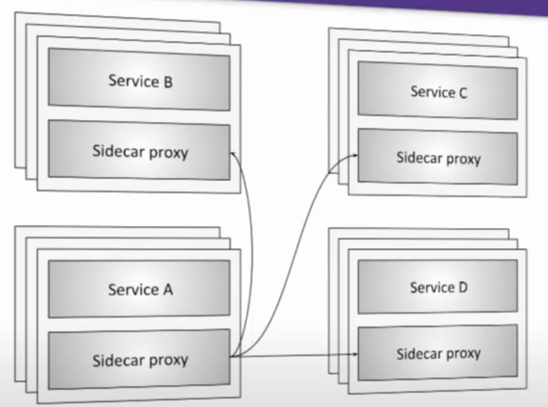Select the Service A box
[x=140, y=289]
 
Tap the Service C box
[x=437, y=91]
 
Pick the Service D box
[x=437, y=287]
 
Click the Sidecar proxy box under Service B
[x=140, y=151]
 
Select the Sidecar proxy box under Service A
[x=140, y=359]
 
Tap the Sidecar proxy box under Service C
[x=437, y=158]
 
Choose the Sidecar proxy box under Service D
[x=437, y=353]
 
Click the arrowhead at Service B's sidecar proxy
[x=234, y=155]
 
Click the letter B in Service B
[x=167, y=82]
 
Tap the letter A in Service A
[x=167, y=290]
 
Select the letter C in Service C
[x=462, y=93]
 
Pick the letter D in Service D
[x=462, y=288]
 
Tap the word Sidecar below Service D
[x=418, y=353]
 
